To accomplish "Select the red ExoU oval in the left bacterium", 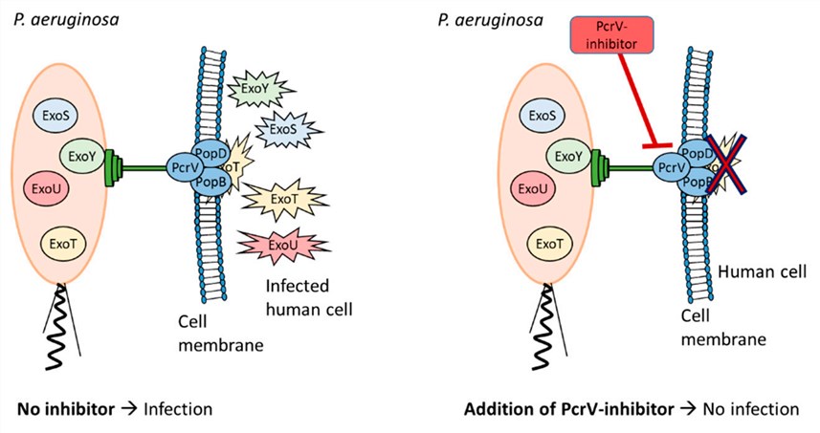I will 52,188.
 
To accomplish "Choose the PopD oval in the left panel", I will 214,151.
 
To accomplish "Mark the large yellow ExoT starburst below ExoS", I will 284,199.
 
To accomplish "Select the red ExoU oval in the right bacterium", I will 539,188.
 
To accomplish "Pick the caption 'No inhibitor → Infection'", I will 114,410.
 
